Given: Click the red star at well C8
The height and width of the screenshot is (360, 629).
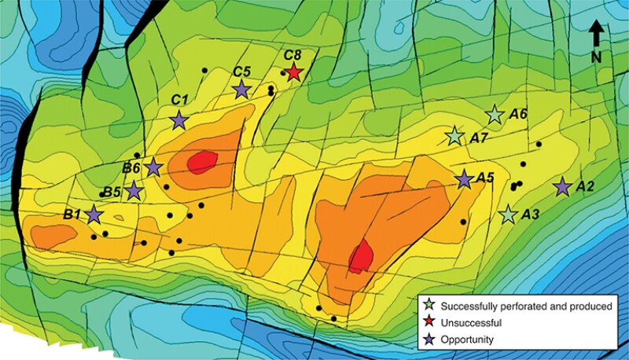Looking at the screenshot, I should point(293,73).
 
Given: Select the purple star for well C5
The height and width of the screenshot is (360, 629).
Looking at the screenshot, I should point(242,90).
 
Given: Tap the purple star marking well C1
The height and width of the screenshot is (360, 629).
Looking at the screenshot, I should point(179,120).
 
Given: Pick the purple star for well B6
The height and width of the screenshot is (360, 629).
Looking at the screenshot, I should point(153,167).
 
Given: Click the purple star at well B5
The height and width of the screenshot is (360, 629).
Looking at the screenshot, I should point(134,190).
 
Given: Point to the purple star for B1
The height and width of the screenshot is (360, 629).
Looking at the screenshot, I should point(95,214).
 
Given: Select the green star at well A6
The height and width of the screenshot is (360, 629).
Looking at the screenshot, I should point(495,116).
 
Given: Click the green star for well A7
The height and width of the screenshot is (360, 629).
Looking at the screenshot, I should point(454,137).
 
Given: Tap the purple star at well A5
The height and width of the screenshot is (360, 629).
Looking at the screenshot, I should point(465,180).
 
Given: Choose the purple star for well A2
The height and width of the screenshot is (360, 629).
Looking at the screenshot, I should point(562,187).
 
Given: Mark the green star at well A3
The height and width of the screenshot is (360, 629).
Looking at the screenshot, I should point(509,214).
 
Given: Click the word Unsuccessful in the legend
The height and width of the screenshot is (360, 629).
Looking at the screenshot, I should point(471,322).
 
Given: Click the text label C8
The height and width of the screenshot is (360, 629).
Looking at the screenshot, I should point(292,55).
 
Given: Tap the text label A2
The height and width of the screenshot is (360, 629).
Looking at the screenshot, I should point(586,187).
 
